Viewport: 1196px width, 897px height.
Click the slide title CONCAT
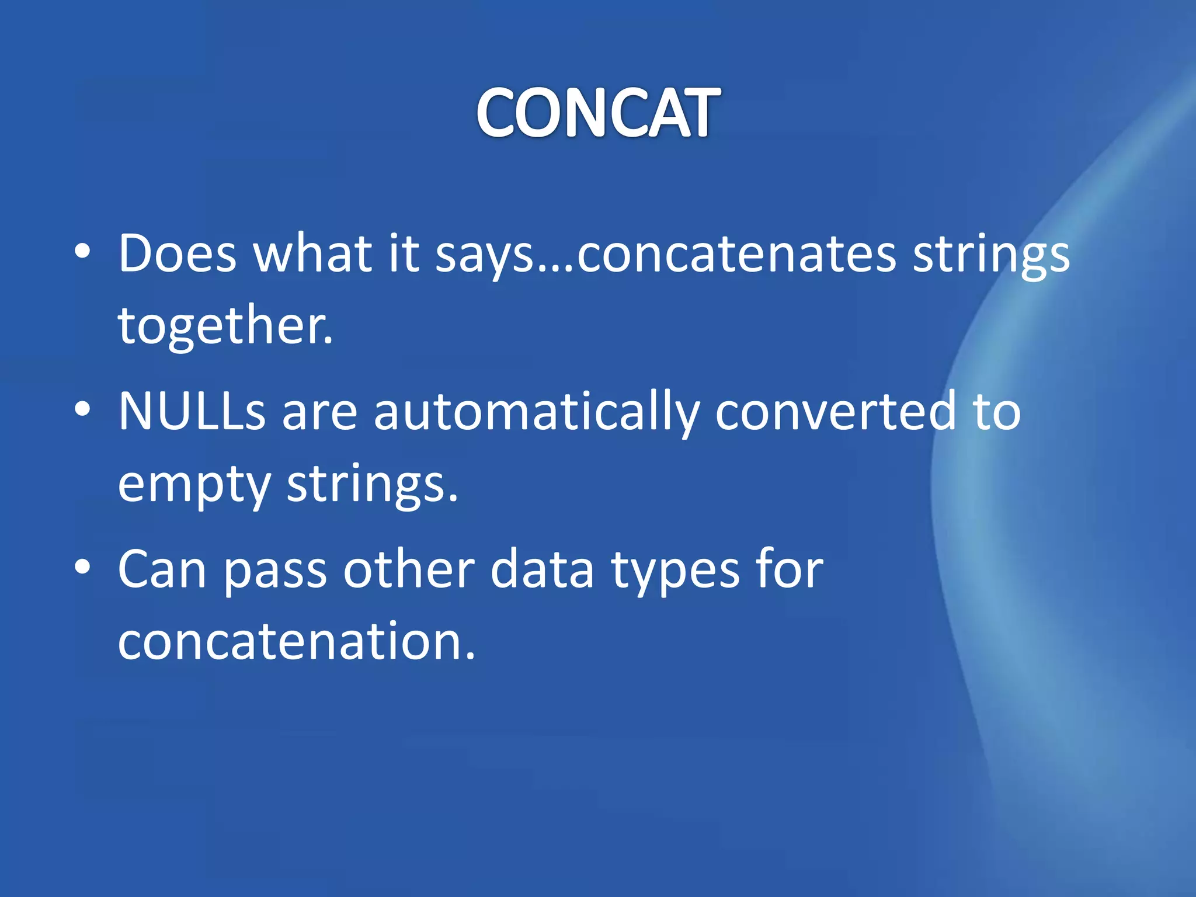tap(598, 113)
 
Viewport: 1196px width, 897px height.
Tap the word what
tap(312, 254)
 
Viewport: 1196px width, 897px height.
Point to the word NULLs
tap(192, 412)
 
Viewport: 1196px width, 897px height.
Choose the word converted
tap(836, 412)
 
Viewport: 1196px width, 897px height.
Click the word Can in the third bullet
tap(162, 569)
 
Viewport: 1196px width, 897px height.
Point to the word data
tap(542, 569)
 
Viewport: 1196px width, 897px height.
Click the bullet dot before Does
tap(83, 252)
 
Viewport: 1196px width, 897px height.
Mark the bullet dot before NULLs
tap(83, 409)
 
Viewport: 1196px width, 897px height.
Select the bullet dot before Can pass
tap(83, 567)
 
